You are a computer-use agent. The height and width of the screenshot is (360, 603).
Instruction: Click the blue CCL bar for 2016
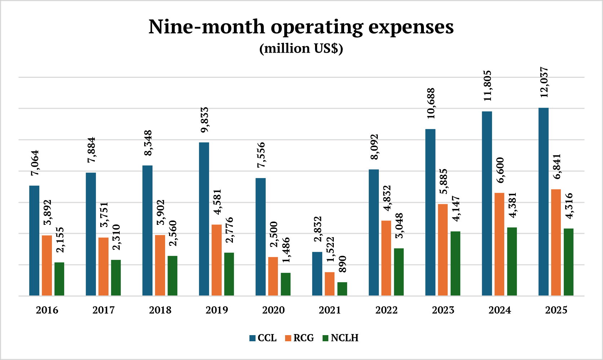pos(34,241)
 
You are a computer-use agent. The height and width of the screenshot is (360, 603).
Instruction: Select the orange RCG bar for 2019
pos(217,260)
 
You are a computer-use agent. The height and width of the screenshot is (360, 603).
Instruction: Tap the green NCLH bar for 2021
pos(342,289)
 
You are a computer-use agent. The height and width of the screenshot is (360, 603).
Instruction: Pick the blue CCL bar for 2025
pos(543,202)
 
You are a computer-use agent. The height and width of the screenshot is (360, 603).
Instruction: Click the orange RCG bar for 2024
pos(499,244)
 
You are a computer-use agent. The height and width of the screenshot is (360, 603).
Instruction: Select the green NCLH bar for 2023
pos(455,263)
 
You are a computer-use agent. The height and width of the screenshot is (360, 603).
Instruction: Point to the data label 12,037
pos(544,82)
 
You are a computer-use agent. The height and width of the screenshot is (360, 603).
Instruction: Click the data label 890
pos(342,264)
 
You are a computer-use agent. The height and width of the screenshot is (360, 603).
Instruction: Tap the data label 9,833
pos(205,120)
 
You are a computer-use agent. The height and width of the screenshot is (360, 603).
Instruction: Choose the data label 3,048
pos(399,226)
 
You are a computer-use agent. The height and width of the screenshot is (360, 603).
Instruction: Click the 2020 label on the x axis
pos(273,310)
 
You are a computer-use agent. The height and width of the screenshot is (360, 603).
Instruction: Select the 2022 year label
pos(386,310)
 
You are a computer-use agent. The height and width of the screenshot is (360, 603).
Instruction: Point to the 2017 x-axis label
pos(103,310)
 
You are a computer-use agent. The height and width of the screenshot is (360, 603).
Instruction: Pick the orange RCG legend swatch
pos(288,338)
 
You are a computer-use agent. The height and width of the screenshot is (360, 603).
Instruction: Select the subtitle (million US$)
pos(301,48)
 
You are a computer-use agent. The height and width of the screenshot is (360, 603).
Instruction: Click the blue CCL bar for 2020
pos(260,237)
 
